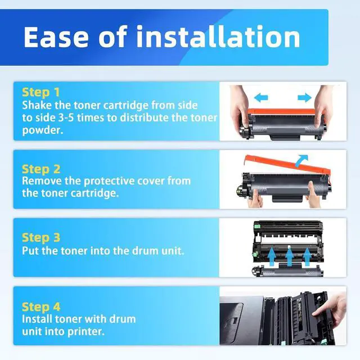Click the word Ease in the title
(x=56, y=37)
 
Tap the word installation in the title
(x=218, y=37)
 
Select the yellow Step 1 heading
(x=41, y=92)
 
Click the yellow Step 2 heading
(x=41, y=169)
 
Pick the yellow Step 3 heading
(x=41, y=237)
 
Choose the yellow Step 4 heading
(x=41, y=307)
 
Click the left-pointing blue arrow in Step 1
(x=261, y=97)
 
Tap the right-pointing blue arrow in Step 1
(x=304, y=97)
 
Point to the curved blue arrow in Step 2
(x=301, y=161)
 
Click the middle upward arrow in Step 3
(x=290, y=258)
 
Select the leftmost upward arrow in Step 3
(x=272, y=258)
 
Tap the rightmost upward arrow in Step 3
(x=307, y=258)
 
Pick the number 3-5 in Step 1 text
(x=66, y=118)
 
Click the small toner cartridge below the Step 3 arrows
(x=287, y=271)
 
